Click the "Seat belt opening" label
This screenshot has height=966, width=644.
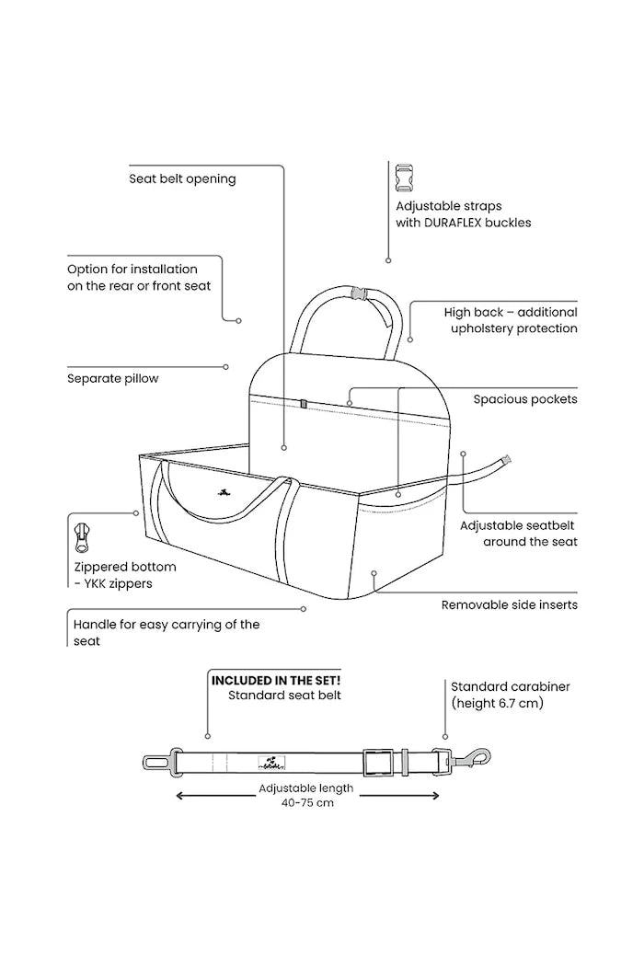tap(182, 178)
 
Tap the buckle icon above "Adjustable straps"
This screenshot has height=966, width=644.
tap(404, 178)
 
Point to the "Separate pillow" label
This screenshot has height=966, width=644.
tap(113, 378)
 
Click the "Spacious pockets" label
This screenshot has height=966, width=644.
tap(525, 399)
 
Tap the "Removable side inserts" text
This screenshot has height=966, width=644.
tap(510, 605)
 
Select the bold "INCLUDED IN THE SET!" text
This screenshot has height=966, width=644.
tap(276, 680)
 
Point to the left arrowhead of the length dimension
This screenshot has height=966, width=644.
tap(180, 796)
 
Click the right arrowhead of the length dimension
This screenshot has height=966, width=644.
tap(434, 796)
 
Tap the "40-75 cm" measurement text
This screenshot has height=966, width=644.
tap(307, 803)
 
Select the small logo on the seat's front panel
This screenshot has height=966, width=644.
tap(222, 492)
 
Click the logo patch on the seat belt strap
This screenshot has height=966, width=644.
tap(271, 762)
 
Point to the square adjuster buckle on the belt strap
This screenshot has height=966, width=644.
tap(378, 762)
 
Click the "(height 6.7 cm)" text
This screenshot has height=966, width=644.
tap(498, 703)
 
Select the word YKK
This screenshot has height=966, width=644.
tap(96, 583)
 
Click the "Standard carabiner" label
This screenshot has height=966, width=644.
tap(511, 686)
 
